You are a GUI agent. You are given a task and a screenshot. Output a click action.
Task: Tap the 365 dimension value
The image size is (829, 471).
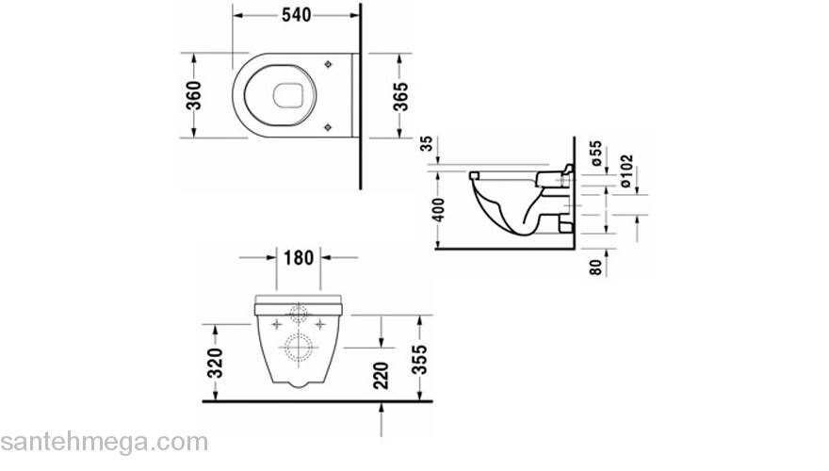pyautogui.click(x=400, y=96)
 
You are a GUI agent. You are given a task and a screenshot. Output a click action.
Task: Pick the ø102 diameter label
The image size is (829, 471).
pyautogui.click(x=626, y=171)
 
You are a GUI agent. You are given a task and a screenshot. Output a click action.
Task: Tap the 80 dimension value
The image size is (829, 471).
pyautogui.click(x=595, y=267)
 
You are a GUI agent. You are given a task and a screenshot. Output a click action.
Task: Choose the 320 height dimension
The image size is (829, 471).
pyautogui.click(x=216, y=362)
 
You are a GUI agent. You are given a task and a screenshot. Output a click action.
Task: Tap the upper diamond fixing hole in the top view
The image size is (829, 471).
pyautogui.click(x=326, y=64)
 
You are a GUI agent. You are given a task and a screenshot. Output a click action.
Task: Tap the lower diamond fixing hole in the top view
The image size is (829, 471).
pyautogui.click(x=326, y=125)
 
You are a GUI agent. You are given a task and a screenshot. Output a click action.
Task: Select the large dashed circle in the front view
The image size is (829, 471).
pyautogui.click(x=300, y=348)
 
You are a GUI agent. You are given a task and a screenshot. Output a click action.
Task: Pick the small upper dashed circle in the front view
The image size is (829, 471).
pyautogui.click(x=300, y=313)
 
